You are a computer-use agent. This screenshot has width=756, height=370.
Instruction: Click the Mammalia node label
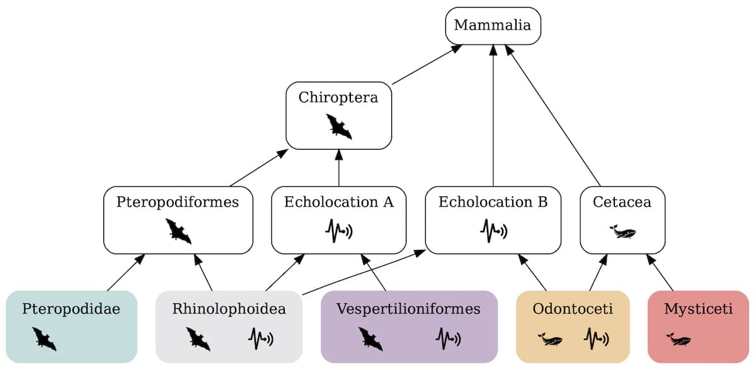click(493, 26)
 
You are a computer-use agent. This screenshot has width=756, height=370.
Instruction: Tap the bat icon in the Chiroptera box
click(339, 126)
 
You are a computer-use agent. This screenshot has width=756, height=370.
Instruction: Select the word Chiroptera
click(338, 98)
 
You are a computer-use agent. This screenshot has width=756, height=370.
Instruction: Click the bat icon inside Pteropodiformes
click(178, 231)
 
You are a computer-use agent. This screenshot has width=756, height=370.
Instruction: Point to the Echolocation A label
click(339, 202)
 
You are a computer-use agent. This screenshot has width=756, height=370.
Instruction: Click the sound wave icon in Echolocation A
click(339, 231)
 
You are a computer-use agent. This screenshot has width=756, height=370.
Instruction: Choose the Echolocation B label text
click(493, 202)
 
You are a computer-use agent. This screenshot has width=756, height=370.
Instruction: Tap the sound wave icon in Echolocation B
click(493, 231)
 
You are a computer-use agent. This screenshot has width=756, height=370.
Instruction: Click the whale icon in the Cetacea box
click(622, 232)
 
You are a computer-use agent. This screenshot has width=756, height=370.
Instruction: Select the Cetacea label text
click(622, 202)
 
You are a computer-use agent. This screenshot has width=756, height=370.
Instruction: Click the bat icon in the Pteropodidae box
click(44, 339)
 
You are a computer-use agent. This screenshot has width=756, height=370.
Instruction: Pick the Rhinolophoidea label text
click(229, 309)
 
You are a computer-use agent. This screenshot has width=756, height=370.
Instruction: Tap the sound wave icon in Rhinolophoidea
click(260, 339)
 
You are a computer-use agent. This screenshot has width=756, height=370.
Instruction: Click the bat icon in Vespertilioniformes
click(370, 339)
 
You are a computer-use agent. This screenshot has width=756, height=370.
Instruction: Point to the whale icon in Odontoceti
click(550, 340)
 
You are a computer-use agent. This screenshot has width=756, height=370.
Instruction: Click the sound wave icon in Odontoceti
click(596, 339)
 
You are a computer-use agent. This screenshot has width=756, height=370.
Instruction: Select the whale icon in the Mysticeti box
click(679, 340)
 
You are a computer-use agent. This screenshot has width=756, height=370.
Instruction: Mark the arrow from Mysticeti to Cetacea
click(660, 273)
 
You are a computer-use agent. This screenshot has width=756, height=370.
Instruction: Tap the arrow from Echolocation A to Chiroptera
click(339, 168)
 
